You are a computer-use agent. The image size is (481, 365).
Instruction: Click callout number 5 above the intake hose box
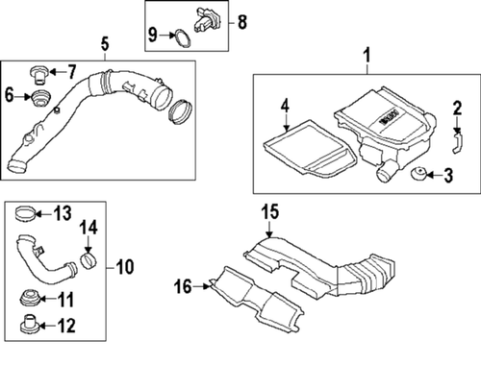click(x=105, y=43)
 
